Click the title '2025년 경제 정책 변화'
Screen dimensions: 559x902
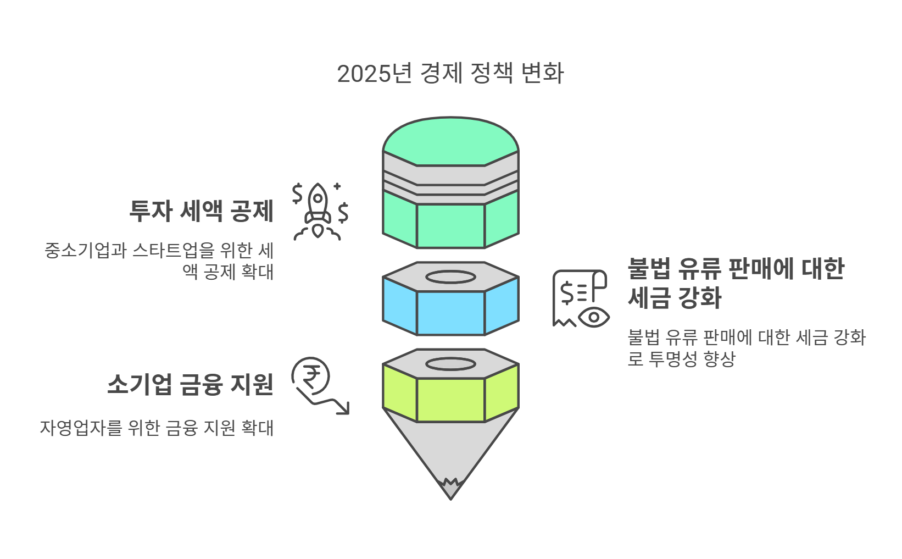pos(450,74)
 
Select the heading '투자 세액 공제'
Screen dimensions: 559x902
pos(201,211)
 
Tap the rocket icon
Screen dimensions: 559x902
pos(319,212)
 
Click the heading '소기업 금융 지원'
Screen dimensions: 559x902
pos(190,384)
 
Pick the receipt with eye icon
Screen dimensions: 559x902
pos(580,298)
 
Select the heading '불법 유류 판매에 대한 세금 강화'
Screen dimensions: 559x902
pos(736,284)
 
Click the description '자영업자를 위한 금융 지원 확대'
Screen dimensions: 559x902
pos(157,428)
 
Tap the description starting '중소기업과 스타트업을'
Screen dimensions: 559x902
pos(159,261)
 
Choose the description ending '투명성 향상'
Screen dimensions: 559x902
pos(747,348)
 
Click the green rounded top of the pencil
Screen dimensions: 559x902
pos(450,140)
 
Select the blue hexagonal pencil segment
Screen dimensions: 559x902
pos(450,312)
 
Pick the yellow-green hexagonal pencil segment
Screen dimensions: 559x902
pos(450,400)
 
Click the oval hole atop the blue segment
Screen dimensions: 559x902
pos(450,277)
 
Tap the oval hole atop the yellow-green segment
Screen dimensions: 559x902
pos(450,364)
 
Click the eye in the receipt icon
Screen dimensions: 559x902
pos(594,317)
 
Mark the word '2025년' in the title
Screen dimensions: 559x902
pos(374,74)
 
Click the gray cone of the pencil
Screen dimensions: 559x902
pos(450,448)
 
